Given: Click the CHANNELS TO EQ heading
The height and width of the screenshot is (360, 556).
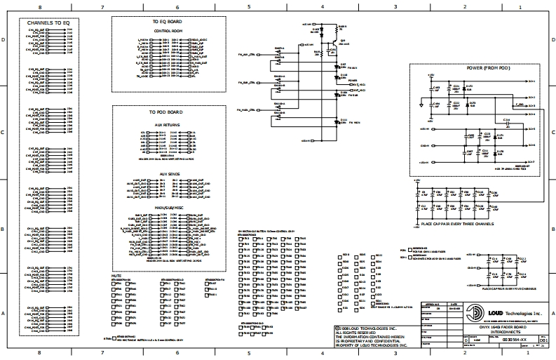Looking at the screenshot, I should point(48,23).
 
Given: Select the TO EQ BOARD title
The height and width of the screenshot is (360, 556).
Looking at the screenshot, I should point(168,21).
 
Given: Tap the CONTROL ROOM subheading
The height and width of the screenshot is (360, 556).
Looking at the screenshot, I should point(168,32).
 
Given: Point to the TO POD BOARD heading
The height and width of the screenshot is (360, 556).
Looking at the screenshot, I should point(166,112).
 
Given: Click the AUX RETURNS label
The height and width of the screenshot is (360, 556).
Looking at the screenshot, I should point(168,124).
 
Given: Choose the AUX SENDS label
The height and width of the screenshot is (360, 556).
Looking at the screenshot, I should point(168,173).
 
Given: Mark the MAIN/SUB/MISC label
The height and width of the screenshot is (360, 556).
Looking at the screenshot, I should point(168,208).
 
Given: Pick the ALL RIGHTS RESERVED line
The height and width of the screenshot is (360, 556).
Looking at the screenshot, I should point(362,332).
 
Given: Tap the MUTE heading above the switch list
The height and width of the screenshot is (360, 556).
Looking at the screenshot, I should point(117,276).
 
